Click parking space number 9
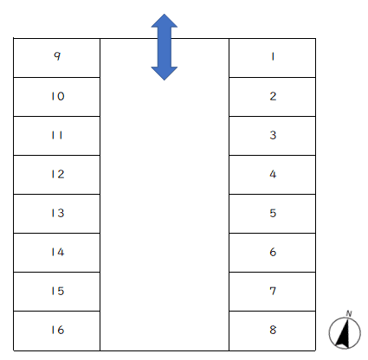pos(57,58)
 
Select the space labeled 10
pos(57,97)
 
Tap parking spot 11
pos(57,136)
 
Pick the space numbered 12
pos(57,175)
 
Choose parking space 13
pos(57,214)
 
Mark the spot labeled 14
pos(57,253)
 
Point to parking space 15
pos(57,292)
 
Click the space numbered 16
pos(57,331)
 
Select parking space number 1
pos(272,58)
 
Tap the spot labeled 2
pos(272,97)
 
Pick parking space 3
pos(272,136)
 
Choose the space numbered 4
pos(272,175)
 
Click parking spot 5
pos(272,214)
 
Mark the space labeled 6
pos(272,253)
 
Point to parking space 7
pos(272,292)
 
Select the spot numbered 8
pos(272,331)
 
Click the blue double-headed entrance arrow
pos(165,47)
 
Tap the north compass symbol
pos(345,332)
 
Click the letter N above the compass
pos(349,313)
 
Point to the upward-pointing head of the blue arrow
pos(165,20)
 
